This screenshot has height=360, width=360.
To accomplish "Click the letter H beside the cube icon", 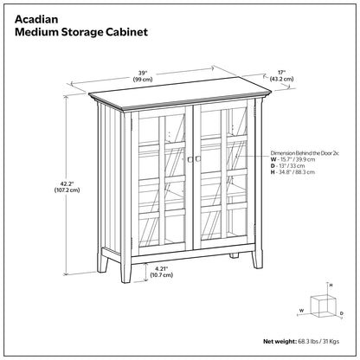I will coord(330,285).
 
